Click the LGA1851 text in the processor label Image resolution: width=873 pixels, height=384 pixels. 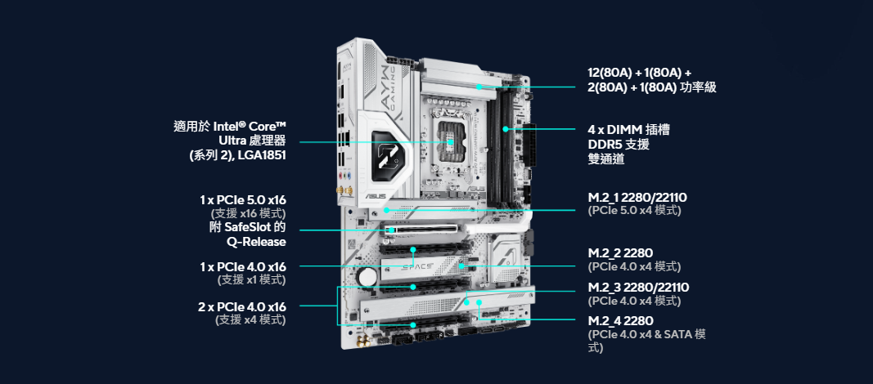tap(260, 155)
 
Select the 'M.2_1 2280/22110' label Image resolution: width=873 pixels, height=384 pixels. tap(637, 198)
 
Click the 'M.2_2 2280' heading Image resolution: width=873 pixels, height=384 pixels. tap(621, 254)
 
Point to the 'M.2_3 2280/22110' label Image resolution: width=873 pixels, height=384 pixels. tap(639, 288)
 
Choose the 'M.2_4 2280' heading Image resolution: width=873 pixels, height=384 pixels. tap(621, 321)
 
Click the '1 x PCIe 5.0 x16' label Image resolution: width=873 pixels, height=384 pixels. tap(243, 200)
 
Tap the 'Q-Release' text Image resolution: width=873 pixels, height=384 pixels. tap(256, 242)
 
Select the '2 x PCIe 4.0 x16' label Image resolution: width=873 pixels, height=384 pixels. tap(242, 307)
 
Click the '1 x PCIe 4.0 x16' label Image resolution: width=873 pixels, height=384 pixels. tap(243, 267)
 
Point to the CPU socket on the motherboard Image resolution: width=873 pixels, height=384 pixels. tap(450, 141)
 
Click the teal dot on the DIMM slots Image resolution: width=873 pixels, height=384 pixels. tap(505, 129)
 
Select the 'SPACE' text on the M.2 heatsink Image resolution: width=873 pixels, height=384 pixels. tap(417, 267)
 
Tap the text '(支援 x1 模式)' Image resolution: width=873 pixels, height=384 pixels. tap(251, 280)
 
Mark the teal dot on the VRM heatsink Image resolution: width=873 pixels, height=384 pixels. tap(479, 87)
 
